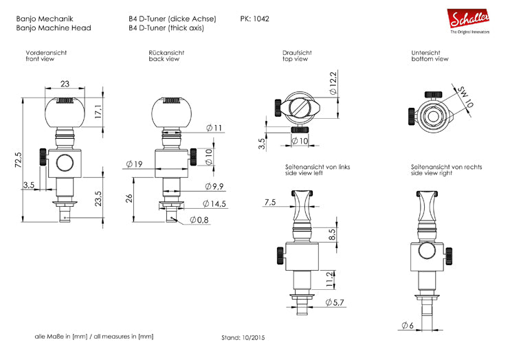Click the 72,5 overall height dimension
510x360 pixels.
click(x=18, y=159)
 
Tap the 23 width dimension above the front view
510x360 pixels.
click(x=65, y=85)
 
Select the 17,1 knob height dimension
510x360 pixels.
click(x=98, y=110)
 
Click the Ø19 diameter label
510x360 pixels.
click(x=133, y=164)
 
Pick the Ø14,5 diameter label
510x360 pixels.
click(x=215, y=204)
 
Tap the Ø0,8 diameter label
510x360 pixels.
click(x=199, y=220)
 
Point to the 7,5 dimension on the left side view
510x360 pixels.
click(x=269, y=202)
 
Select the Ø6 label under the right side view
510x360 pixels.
click(x=408, y=325)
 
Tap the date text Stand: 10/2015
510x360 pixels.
click(x=243, y=338)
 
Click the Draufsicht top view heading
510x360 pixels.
click(x=297, y=53)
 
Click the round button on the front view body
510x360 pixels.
click(x=65, y=163)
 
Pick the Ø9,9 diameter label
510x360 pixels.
click(x=215, y=187)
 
